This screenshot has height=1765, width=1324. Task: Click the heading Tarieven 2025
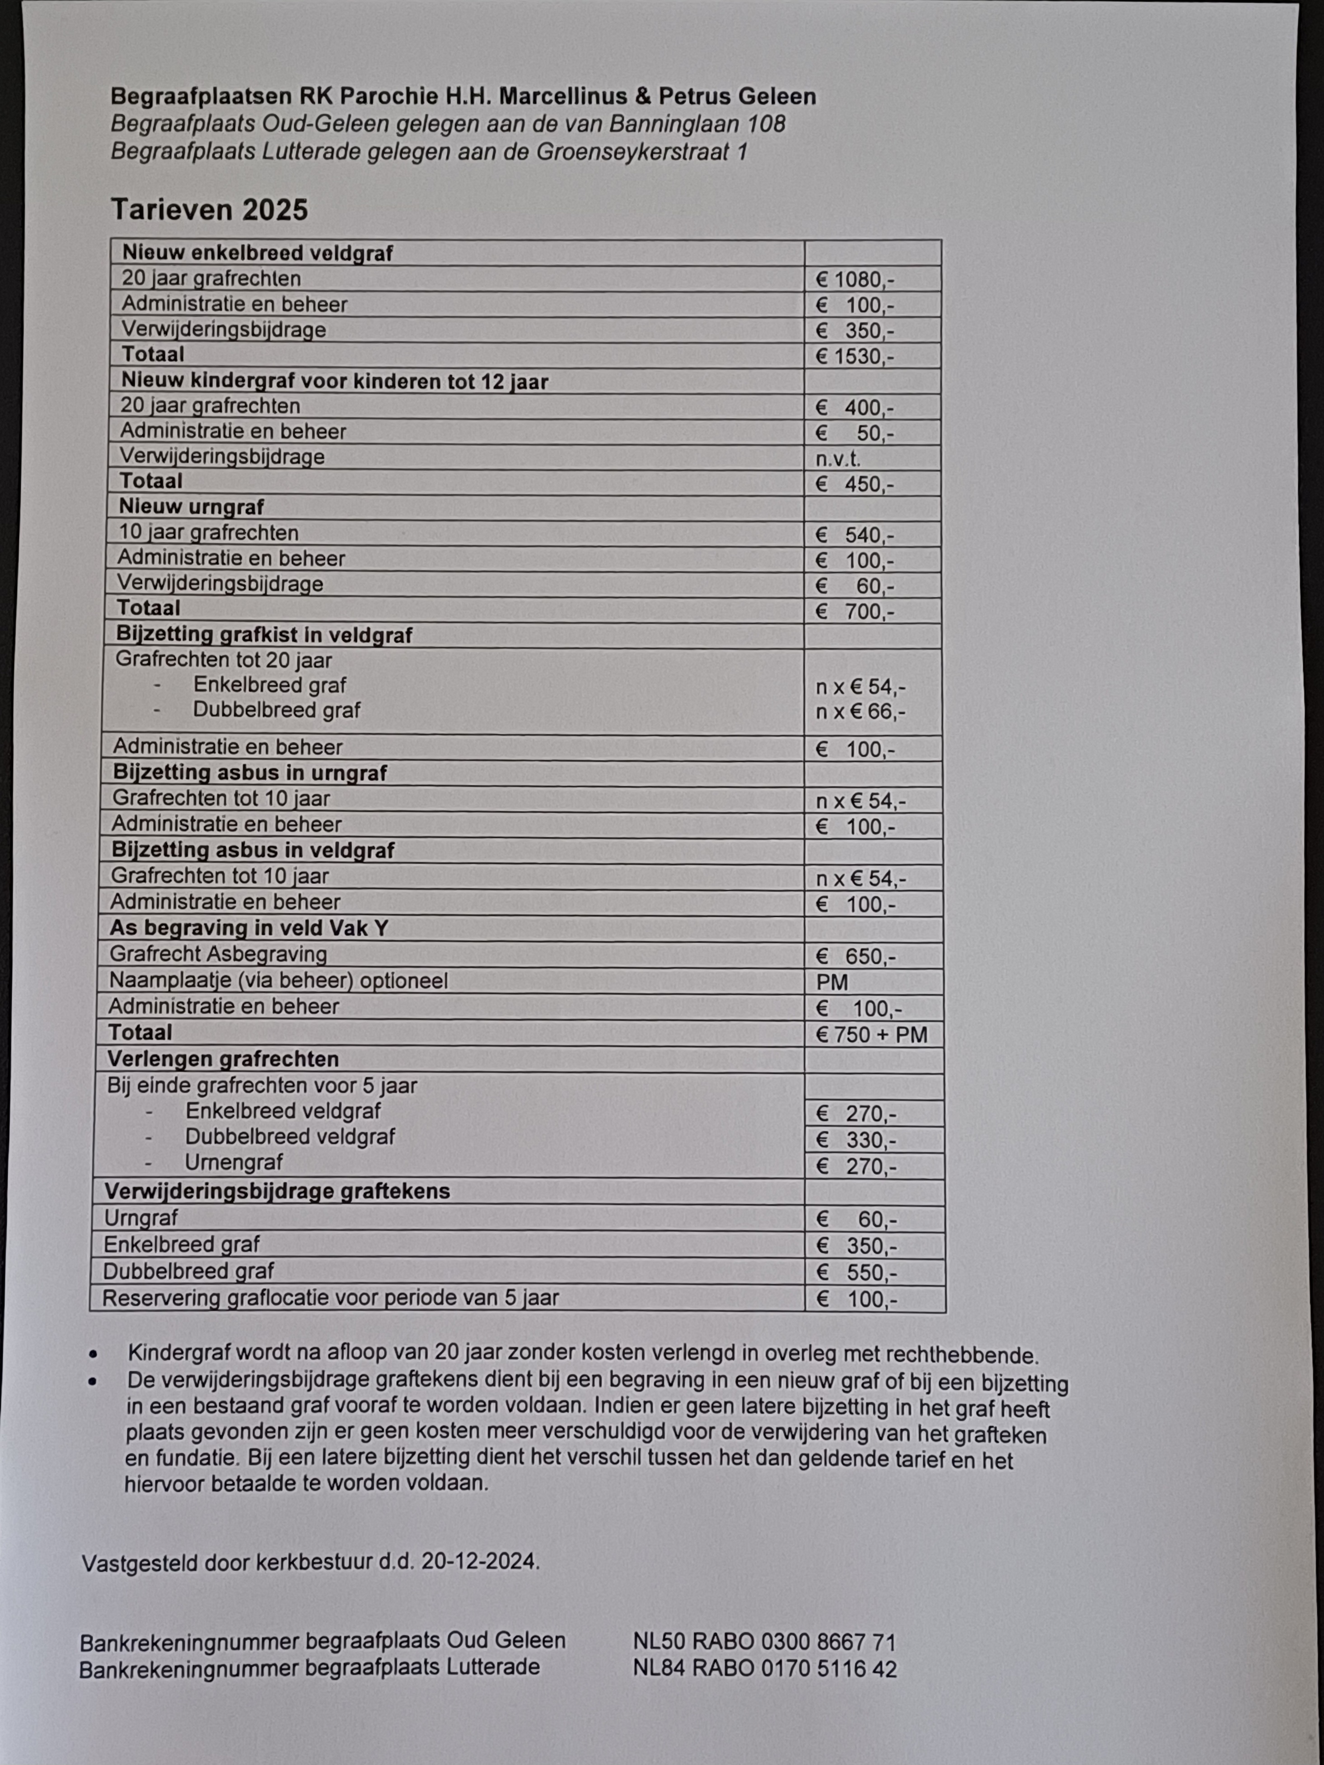pos(209,210)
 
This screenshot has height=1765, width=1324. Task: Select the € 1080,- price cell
pos(855,280)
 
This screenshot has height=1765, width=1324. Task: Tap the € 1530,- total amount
pos(855,357)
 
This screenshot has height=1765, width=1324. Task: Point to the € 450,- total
pos(855,484)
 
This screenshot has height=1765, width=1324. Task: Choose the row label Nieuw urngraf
pos(192,507)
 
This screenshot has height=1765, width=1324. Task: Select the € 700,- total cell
pos(855,612)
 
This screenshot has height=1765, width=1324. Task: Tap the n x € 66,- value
pos(861,712)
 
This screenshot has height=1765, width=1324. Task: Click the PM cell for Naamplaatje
pos(833,982)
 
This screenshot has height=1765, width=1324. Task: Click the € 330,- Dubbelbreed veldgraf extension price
pos(857,1140)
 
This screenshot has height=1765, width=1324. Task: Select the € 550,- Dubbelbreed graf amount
pos(857,1273)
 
